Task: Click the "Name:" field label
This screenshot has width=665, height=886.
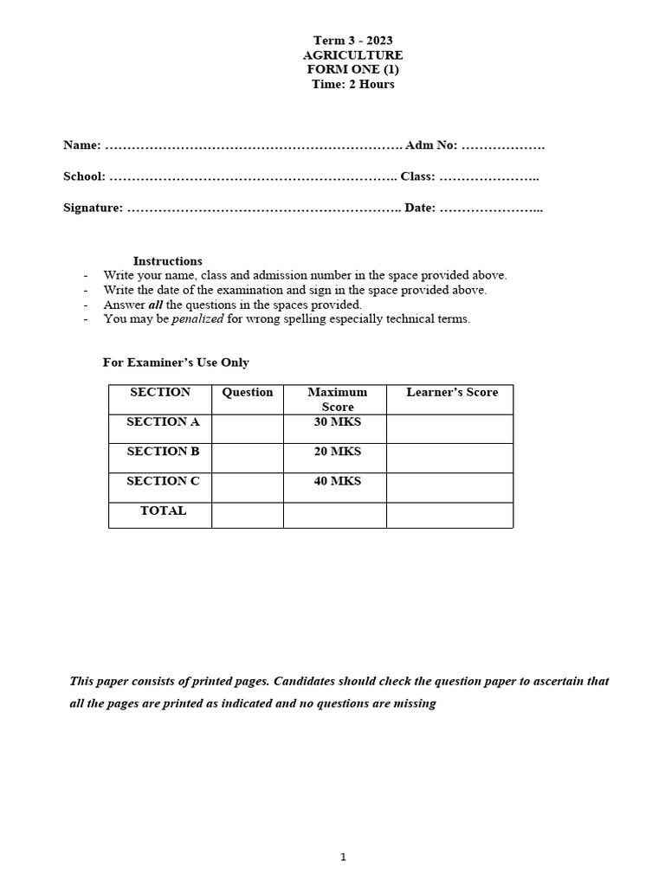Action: [82, 145]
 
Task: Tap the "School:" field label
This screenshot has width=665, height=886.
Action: [85, 177]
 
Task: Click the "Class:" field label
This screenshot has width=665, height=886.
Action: [417, 177]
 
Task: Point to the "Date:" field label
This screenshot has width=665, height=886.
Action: [420, 208]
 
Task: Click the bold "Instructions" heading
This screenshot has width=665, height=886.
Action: [168, 260]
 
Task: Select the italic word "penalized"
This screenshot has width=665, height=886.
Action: [197, 318]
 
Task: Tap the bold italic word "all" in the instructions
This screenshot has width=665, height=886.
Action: [155, 305]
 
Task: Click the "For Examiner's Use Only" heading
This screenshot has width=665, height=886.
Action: [176, 363]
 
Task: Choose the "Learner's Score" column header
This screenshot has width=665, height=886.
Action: [452, 393]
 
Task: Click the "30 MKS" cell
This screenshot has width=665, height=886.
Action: [338, 422]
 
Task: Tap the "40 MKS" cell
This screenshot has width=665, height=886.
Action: [338, 481]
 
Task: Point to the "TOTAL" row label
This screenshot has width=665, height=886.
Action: [163, 510]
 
